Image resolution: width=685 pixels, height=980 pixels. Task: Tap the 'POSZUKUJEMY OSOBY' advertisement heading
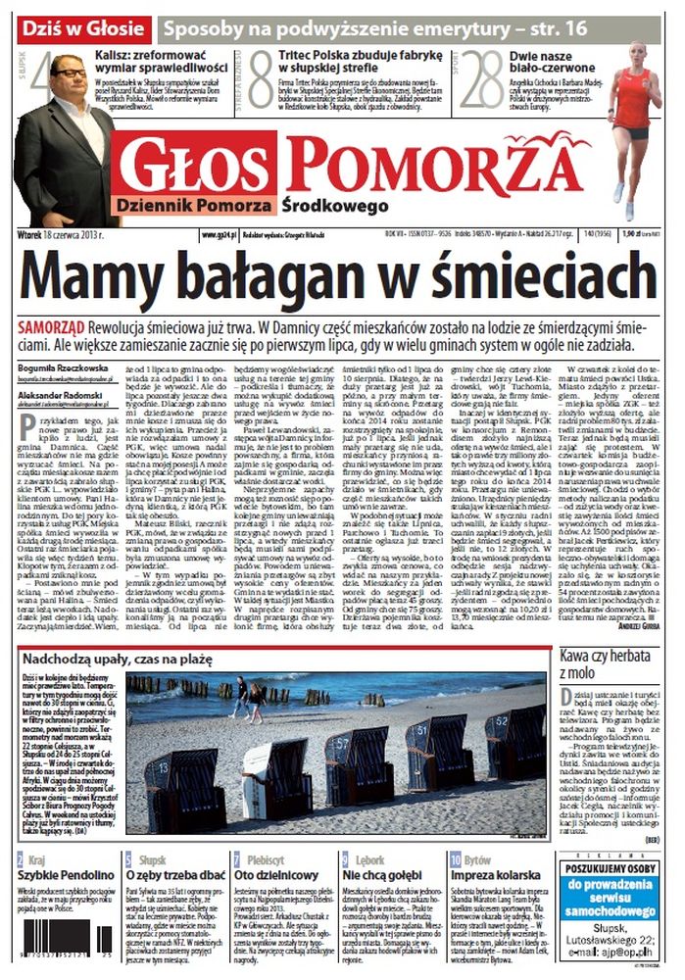pos(615,876)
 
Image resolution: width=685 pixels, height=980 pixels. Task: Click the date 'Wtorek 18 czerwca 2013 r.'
pos(68,234)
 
